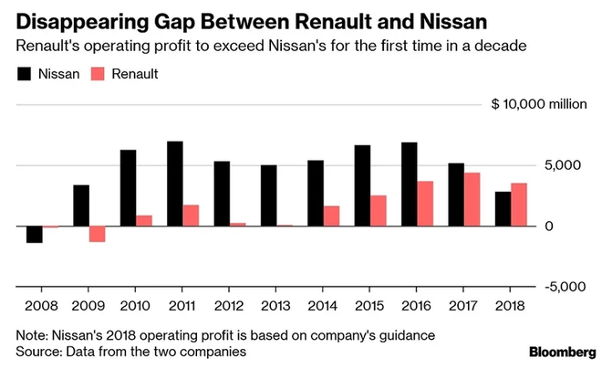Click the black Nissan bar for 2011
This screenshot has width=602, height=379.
coord(175,184)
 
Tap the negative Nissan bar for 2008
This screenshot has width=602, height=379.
coord(35,234)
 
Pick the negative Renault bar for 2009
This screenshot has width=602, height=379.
coord(98,234)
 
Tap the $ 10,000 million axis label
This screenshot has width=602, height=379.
coord(539,105)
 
